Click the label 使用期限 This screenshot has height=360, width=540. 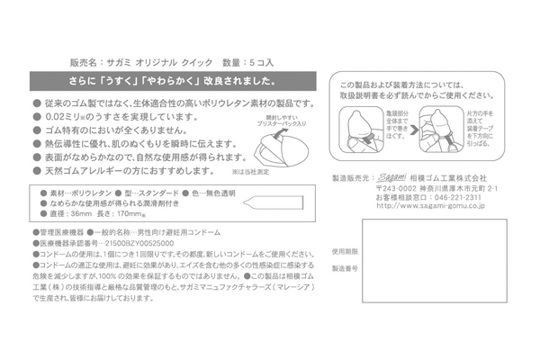coord(345,251)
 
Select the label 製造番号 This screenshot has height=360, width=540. coord(345,268)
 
